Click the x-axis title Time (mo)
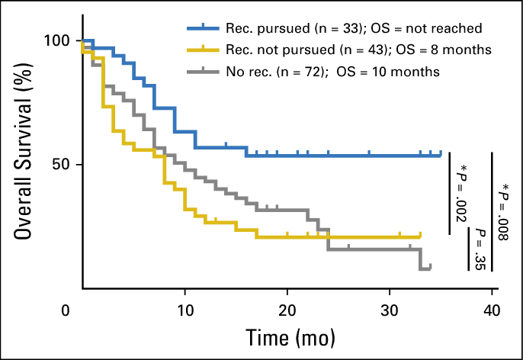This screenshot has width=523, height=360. [x=290, y=336]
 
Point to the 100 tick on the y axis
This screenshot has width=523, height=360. [x=58, y=40]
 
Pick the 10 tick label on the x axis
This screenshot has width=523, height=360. [x=184, y=311]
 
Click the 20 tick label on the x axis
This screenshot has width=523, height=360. [x=287, y=311]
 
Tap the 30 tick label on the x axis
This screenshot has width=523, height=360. [x=390, y=311]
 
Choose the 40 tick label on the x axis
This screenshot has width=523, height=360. [x=493, y=311]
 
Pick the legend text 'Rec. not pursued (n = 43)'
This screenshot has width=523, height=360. [x=309, y=50]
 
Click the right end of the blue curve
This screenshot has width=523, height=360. [x=441, y=155]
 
